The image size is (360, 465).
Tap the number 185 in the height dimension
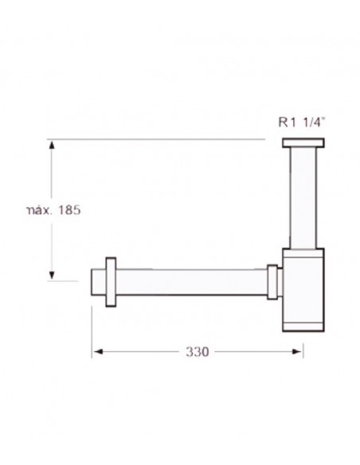(69, 210)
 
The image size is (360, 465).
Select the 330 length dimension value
(198, 352)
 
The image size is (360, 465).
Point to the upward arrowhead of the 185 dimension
(52, 145)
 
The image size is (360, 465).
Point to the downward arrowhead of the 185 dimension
(52, 275)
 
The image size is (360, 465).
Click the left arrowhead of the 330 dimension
(98, 352)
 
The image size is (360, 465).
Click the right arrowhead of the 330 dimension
(297, 352)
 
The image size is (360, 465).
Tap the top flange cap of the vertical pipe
(303, 143)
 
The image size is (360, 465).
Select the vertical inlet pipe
(303, 197)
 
